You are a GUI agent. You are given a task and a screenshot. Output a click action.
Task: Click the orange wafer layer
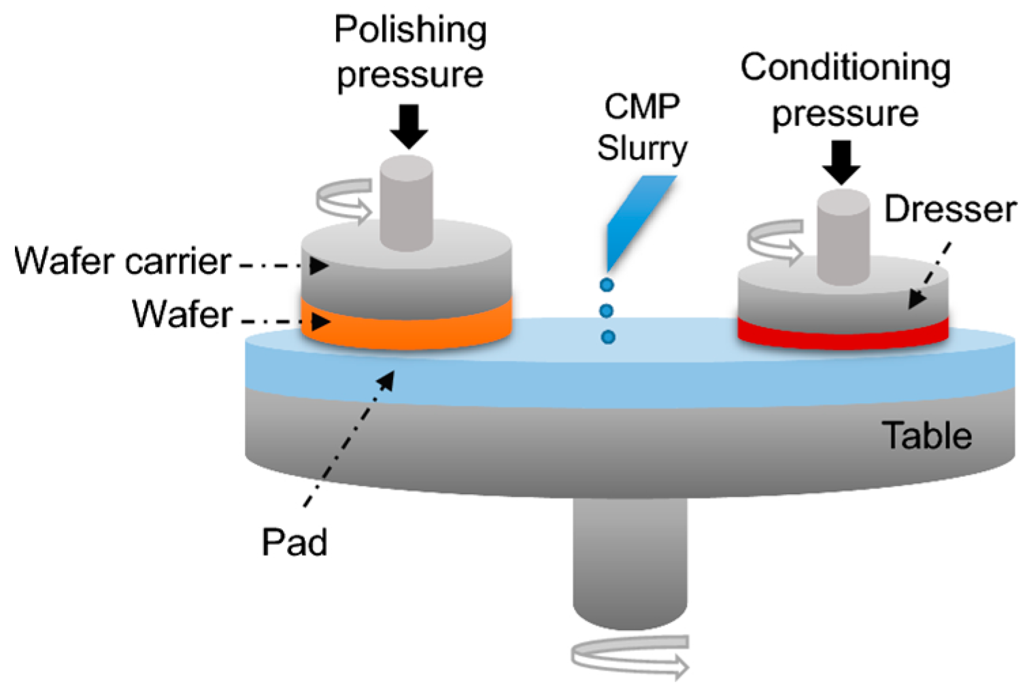tap(408, 330)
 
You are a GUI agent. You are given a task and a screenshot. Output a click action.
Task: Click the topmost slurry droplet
tap(607, 285)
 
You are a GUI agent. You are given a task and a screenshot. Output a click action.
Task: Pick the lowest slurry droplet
tap(608, 337)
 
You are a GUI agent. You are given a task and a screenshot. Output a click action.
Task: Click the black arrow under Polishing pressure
tap(409, 126)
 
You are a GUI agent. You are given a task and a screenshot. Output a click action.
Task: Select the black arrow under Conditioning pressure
tap(841, 162)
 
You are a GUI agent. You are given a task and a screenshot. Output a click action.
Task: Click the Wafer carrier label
tap(123, 262)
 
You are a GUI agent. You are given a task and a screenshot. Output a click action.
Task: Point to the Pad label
tap(294, 542)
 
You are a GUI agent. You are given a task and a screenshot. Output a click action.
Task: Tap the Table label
tap(926, 436)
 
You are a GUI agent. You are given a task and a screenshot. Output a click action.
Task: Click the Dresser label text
tap(949, 209)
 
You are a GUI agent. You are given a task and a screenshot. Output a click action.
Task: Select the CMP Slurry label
tap(641, 128)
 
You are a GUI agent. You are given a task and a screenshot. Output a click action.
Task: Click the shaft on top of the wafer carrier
tap(407, 202)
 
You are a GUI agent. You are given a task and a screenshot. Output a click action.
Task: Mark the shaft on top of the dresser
tap(843, 236)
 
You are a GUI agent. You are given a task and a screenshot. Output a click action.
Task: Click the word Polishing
tap(410, 30)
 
